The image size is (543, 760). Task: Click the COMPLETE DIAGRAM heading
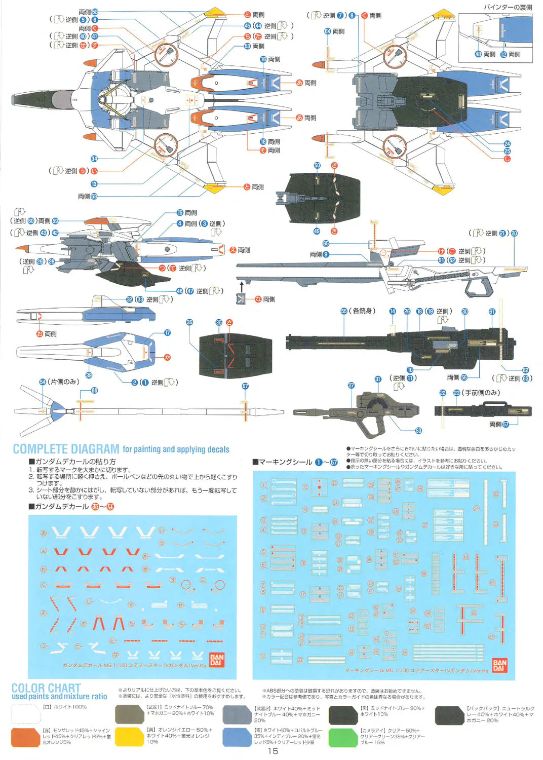pos(66,449)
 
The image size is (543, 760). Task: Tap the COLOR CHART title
pos(46,688)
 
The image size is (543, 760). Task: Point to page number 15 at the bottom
pos(273,751)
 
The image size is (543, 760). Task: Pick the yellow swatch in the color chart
pos(129,737)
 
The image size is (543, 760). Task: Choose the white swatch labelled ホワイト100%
pos(25,714)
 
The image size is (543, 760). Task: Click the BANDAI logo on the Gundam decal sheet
pos(216,660)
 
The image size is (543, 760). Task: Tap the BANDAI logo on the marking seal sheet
pos(499,665)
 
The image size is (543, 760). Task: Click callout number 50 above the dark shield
pos(317,166)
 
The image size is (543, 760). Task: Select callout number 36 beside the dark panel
pos(189,322)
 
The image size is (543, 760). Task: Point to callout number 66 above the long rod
pos(94,391)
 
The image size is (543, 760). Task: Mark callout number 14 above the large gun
pos(393,312)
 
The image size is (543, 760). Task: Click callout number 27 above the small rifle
pos(351,386)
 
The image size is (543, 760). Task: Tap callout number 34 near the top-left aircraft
pos(94,159)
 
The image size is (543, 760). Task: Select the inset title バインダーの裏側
pos(508,7)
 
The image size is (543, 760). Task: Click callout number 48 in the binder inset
pos(478,54)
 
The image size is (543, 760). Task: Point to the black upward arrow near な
pos(242,287)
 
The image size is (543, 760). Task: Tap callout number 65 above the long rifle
pos(326,243)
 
